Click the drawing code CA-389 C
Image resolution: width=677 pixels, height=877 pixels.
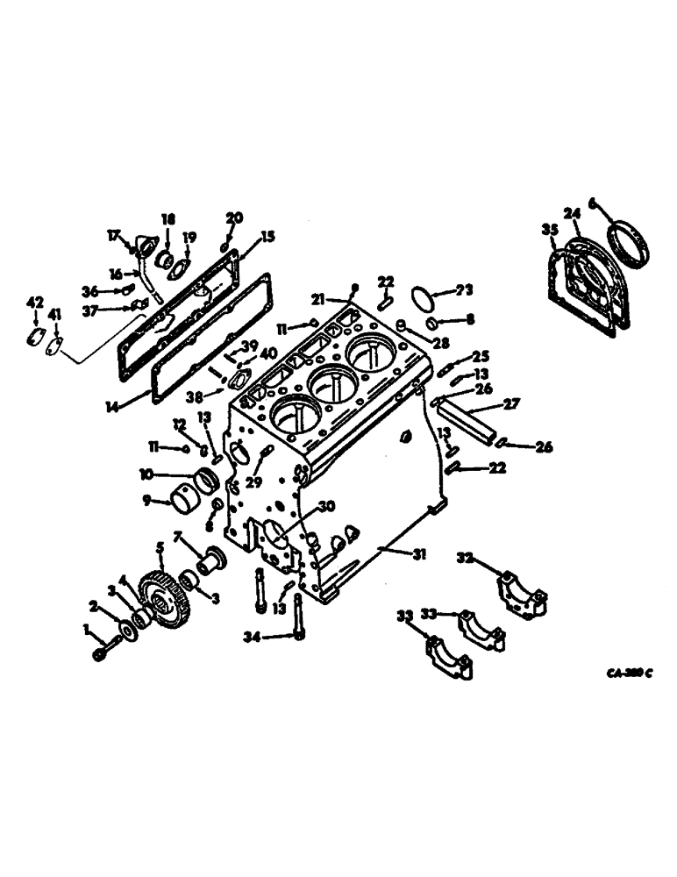[x=629, y=674]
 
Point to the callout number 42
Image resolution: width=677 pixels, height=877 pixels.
[x=34, y=303]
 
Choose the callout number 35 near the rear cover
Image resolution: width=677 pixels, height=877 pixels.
[x=550, y=231]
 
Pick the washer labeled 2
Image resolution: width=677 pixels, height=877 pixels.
[x=128, y=631]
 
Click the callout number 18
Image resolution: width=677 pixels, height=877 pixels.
[x=167, y=218]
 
